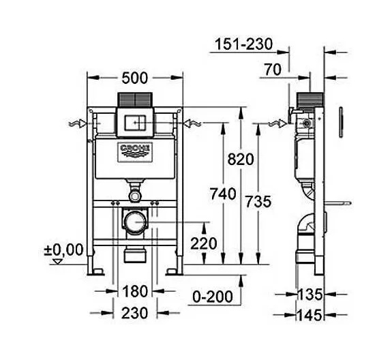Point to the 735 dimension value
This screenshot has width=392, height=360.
pos(258,201)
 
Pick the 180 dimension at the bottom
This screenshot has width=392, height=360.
pos(136,292)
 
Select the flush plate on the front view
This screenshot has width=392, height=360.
pos(136,123)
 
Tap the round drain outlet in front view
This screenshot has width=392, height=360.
pos(136,222)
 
